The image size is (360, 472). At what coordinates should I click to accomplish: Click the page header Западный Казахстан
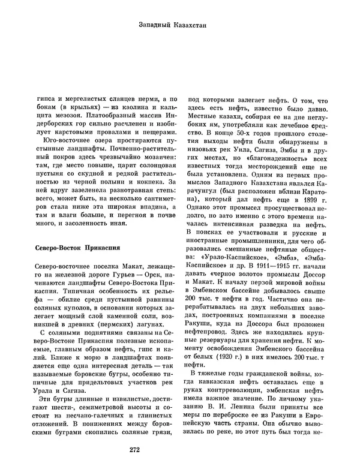(179, 25)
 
